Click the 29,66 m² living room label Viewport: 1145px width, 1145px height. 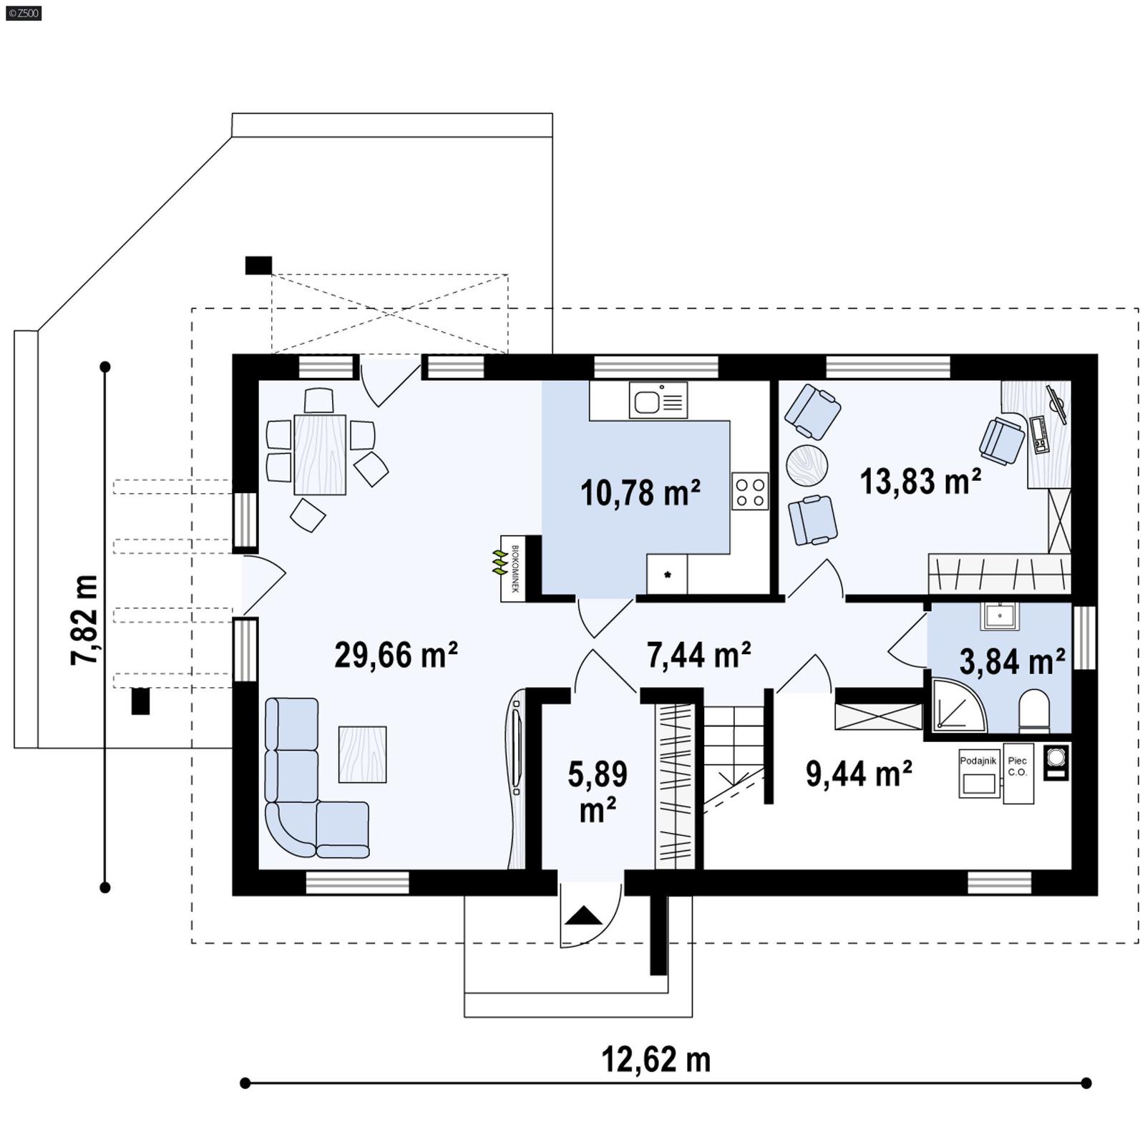[x=396, y=655]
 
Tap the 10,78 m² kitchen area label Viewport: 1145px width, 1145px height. [x=640, y=493]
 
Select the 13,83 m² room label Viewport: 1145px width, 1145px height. [x=920, y=482]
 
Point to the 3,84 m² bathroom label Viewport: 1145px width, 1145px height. [x=1012, y=662]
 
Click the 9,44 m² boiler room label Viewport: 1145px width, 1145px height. [x=859, y=774]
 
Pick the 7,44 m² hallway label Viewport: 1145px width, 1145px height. [x=698, y=655]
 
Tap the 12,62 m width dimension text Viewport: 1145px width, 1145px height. [x=656, y=1060]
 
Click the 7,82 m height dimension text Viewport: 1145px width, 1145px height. [x=84, y=620]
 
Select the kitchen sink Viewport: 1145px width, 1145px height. [x=658, y=399]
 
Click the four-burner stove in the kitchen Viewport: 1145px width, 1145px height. [x=750, y=491]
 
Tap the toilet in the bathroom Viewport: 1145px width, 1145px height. [x=1033, y=711]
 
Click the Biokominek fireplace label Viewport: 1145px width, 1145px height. [x=513, y=569]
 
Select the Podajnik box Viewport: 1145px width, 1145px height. [x=978, y=773]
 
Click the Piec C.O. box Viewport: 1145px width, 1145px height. [x=1018, y=774]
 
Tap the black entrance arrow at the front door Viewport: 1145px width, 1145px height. [x=585, y=916]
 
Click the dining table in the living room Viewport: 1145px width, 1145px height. [x=320, y=454]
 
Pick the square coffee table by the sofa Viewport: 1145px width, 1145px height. [x=362, y=754]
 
